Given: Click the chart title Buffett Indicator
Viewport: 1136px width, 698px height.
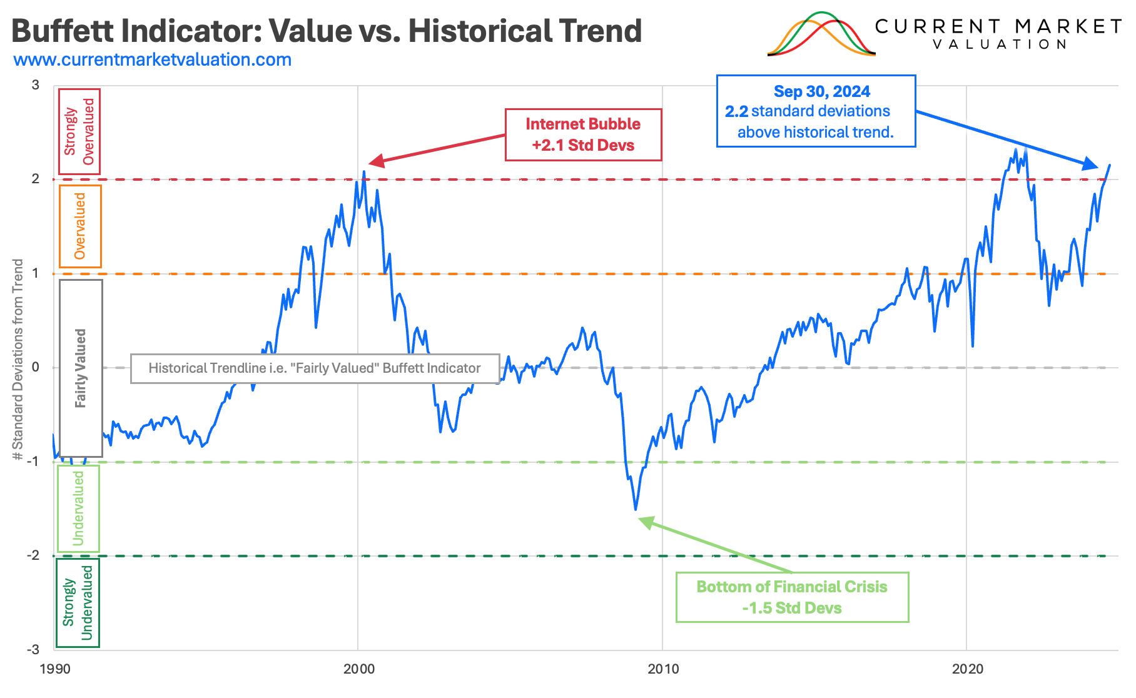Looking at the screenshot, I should coord(326,31).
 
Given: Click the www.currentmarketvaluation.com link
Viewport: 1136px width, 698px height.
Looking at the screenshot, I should coord(152,60).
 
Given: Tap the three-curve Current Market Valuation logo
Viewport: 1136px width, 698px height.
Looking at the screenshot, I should coord(821,34).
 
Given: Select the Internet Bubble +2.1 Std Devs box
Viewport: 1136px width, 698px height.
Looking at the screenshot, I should coord(583,135).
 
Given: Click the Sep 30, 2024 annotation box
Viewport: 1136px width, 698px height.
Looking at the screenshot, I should coord(816,111).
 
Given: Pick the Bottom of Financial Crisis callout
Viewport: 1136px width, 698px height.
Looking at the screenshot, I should coord(792,597).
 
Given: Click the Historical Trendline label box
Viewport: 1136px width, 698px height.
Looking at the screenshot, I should coord(315,368).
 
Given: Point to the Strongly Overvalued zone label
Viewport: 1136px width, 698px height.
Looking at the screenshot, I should coord(79,131).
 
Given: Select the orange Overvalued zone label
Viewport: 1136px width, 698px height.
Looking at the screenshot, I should coord(80,226).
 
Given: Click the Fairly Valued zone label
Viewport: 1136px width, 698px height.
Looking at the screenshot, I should coord(81,368).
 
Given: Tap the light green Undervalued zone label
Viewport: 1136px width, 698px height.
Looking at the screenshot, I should coord(78,508).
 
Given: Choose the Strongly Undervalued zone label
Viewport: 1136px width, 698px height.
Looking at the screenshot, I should coord(78,602).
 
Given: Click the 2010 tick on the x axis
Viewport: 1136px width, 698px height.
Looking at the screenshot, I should coord(663,669).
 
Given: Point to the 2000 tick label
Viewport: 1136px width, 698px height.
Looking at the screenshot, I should coord(359,669).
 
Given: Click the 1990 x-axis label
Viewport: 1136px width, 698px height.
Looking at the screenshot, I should coord(55,669).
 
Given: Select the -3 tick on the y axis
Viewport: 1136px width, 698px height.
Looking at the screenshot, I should coord(33,650).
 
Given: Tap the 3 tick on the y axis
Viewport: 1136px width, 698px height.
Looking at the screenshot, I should coord(36,85).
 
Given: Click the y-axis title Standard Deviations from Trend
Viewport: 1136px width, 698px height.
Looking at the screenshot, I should coord(18,360).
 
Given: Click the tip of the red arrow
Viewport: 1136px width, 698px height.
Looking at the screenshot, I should coord(370,164).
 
